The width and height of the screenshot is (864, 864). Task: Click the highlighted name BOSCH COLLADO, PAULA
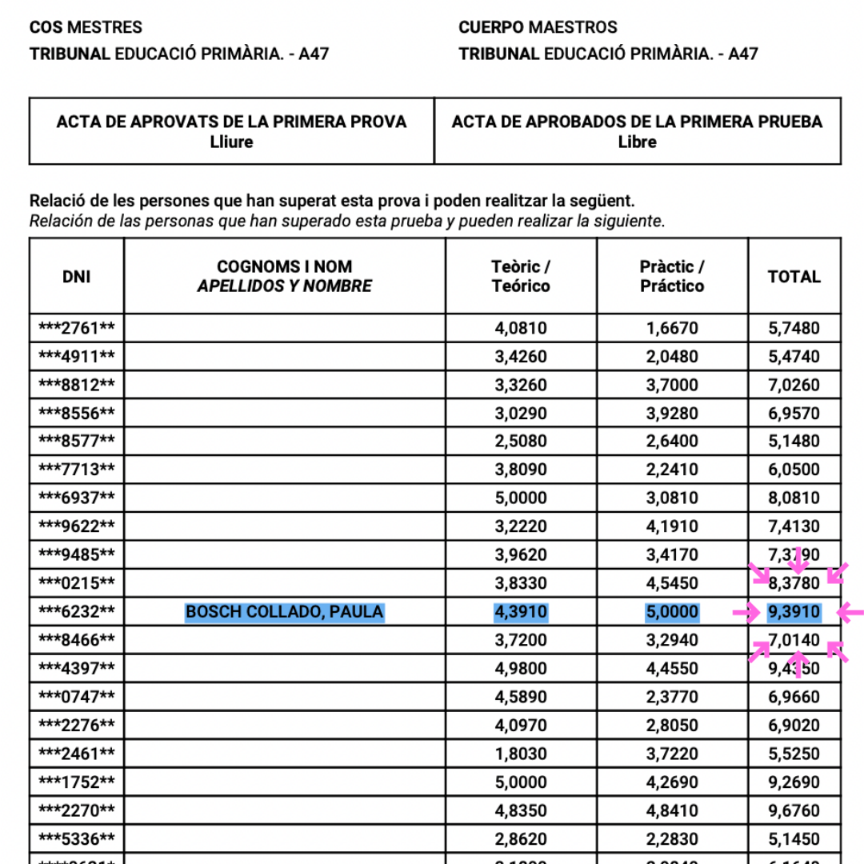(x=285, y=613)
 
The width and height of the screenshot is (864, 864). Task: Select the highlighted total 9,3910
(x=794, y=613)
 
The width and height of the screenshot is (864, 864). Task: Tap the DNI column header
(x=77, y=277)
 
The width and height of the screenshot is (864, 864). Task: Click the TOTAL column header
(x=794, y=277)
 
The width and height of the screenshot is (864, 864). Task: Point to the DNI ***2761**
(x=77, y=328)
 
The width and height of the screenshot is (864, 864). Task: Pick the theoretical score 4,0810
(x=521, y=328)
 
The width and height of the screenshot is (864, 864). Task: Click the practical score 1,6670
(x=672, y=328)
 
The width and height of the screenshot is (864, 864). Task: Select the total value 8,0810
(x=794, y=498)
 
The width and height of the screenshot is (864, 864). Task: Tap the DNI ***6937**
(x=77, y=498)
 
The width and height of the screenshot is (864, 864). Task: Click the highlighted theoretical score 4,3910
(x=521, y=613)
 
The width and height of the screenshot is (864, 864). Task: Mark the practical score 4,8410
(x=672, y=810)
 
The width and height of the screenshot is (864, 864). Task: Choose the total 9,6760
(x=794, y=810)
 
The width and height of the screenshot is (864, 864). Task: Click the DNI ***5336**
(x=77, y=839)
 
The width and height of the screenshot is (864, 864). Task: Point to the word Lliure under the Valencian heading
(x=231, y=142)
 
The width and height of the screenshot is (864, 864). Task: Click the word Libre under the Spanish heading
(x=638, y=142)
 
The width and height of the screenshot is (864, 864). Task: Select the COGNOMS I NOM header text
(x=285, y=267)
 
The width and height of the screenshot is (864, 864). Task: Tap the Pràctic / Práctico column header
(x=672, y=277)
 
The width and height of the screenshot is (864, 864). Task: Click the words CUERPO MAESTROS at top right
(x=538, y=27)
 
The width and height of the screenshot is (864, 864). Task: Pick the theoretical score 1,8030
(x=521, y=754)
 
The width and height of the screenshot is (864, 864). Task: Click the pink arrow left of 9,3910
(x=746, y=614)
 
